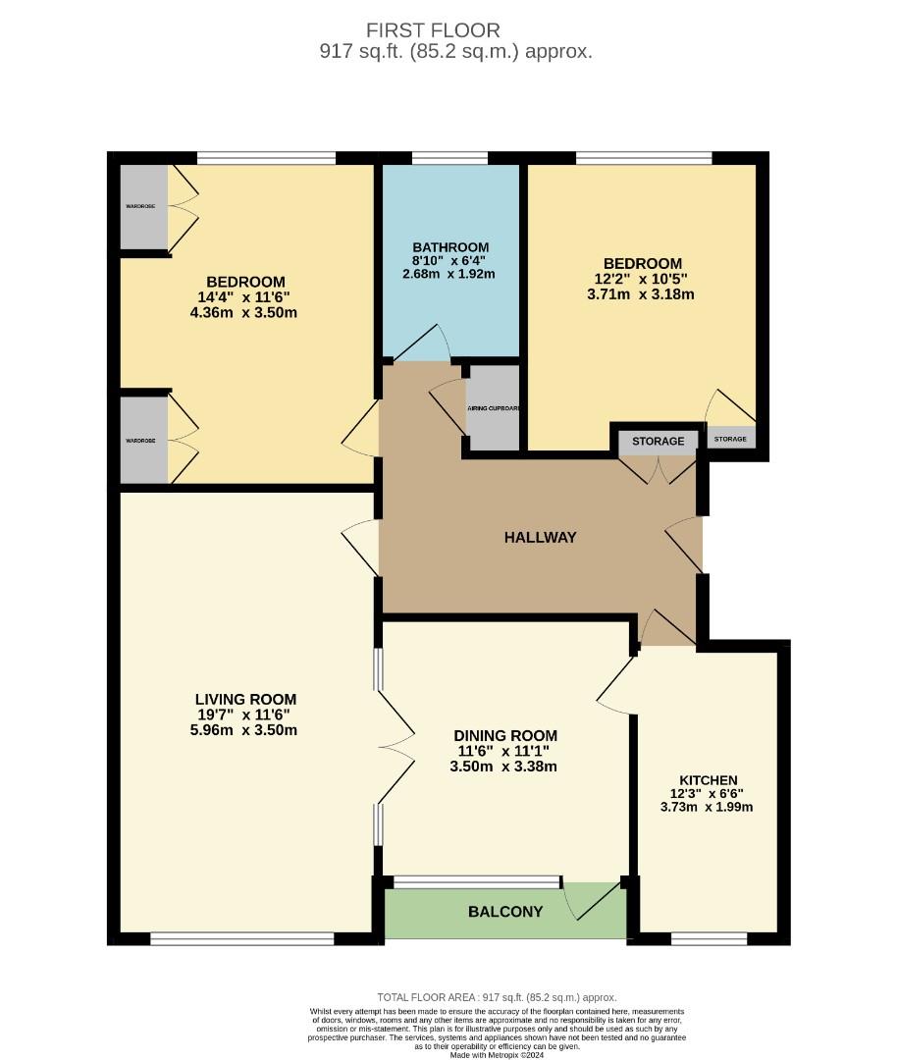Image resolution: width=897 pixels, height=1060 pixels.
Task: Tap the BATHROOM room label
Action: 450,247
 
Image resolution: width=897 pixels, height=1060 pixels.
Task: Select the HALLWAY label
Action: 540,537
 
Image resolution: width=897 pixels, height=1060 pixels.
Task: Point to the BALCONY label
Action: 505,912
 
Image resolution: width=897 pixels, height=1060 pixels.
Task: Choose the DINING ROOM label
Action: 505,735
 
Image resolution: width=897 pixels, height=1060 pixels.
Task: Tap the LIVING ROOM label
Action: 245,700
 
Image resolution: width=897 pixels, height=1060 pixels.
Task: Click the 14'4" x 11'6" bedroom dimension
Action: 245,297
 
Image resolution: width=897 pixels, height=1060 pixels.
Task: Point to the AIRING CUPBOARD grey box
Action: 493,407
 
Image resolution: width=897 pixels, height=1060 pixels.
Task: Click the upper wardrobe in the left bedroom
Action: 143,206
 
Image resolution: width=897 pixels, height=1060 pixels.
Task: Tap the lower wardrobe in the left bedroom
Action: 143,441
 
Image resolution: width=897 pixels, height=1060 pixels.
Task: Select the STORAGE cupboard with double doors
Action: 658,442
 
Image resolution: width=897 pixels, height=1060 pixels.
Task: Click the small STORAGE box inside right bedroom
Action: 730,439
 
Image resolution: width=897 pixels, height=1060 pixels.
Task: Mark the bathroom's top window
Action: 449,158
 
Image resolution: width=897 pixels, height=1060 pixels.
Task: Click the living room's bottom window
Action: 242,939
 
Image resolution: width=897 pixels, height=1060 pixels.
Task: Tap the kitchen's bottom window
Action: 709,939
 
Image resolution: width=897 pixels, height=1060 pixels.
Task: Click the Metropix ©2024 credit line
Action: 497,1055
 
